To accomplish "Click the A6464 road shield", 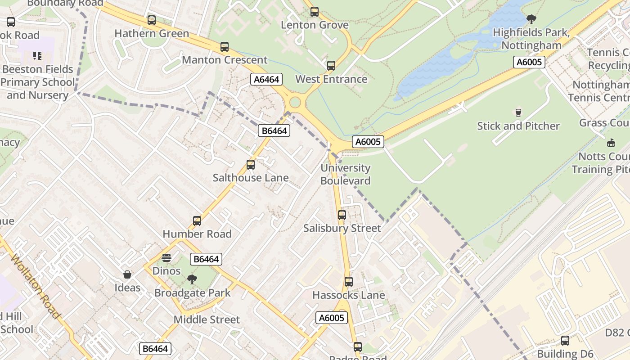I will pyautogui.click(x=266, y=80).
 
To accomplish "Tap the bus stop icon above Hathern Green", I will pyautogui.click(x=152, y=20).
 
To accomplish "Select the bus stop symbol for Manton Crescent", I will pyautogui.click(x=225, y=47).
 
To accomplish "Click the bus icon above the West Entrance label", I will pyautogui.click(x=331, y=66).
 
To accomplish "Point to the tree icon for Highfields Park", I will pyautogui.click(x=531, y=19).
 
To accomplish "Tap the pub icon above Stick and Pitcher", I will pyautogui.click(x=518, y=112).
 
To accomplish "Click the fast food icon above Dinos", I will pyautogui.click(x=166, y=258).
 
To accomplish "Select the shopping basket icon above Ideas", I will pyautogui.click(x=127, y=274).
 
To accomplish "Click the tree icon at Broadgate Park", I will pyautogui.click(x=192, y=279).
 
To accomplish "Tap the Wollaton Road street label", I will pyautogui.click(x=35, y=286).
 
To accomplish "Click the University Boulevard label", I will pyautogui.click(x=345, y=174).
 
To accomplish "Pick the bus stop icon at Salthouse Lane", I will pyautogui.click(x=251, y=165).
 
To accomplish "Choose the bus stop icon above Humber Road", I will pyautogui.click(x=197, y=221).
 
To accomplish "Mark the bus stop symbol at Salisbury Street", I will pyautogui.click(x=342, y=215).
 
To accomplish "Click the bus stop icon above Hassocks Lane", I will pyautogui.click(x=349, y=282).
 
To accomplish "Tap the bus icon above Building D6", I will pyautogui.click(x=565, y=341).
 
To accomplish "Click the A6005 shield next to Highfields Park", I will pyautogui.click(x=529, y=62).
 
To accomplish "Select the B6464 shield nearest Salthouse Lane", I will pyautogui.click(x=274, y=131).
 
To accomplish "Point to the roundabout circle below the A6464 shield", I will pyautogui.click(x=295, y=103).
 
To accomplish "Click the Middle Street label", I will pyautogui.click(x=207, y=319).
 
